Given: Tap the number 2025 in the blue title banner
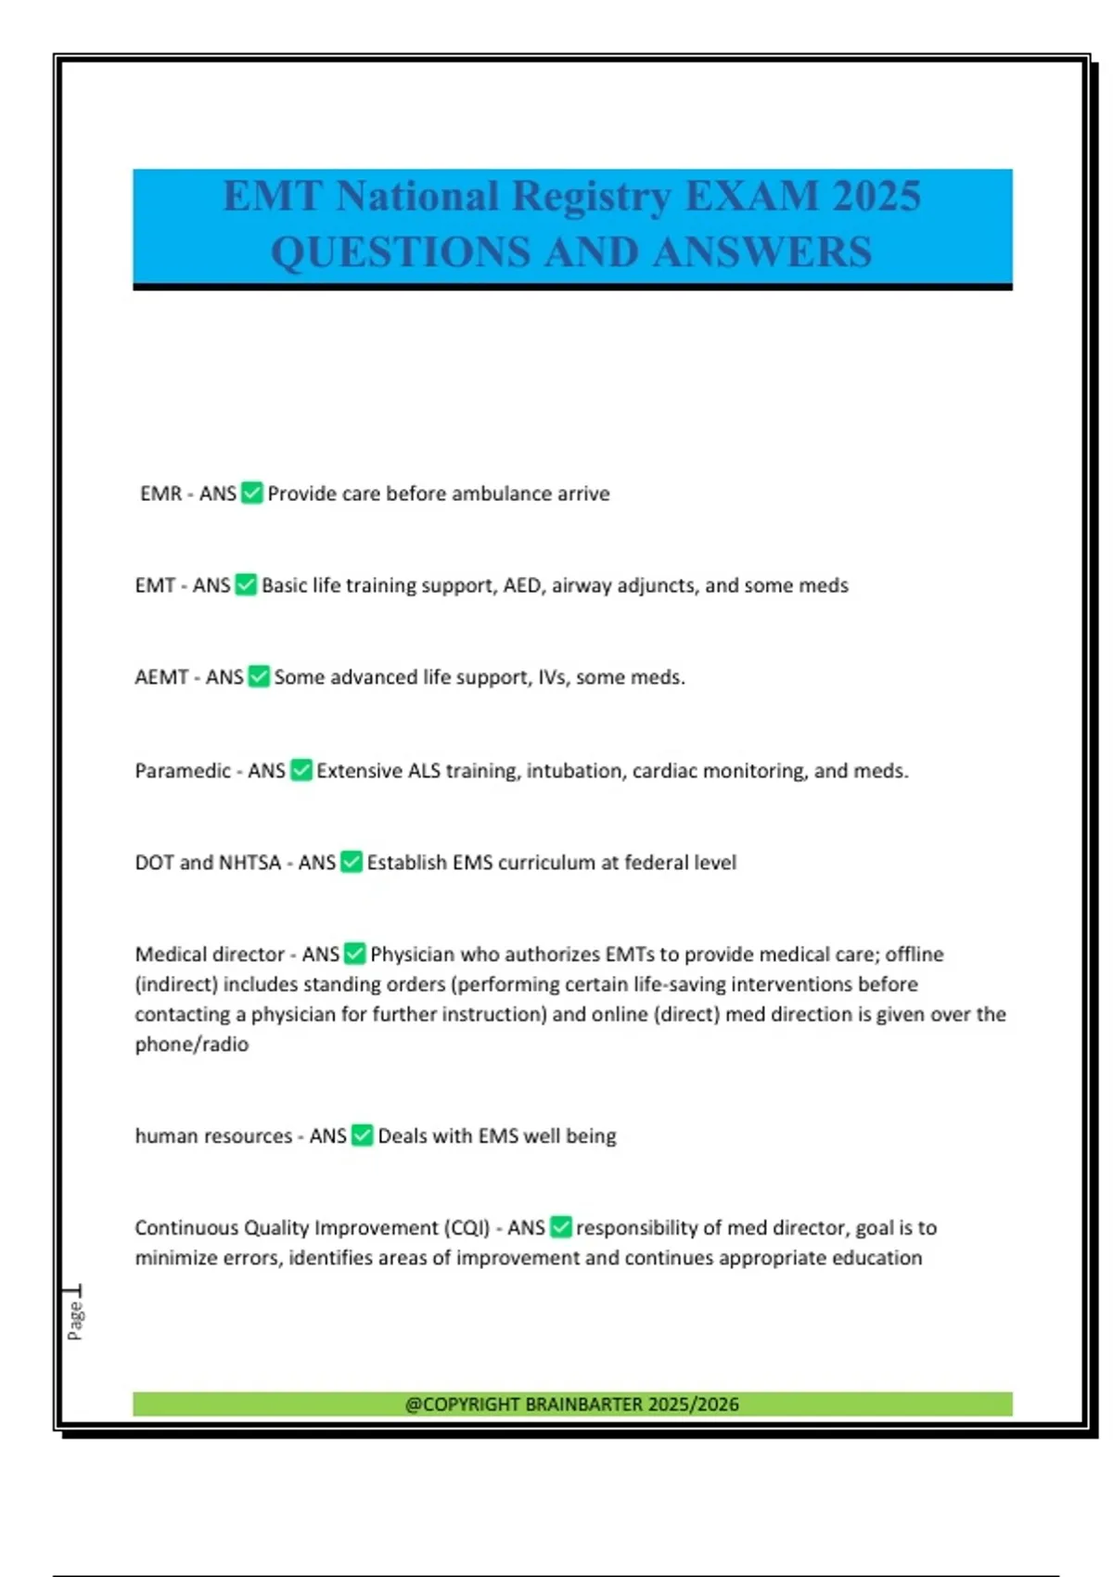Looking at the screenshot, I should [x=876, y=196].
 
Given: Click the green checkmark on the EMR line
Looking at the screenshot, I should [x=252, y=493].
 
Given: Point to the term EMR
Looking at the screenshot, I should [x=160, y=494].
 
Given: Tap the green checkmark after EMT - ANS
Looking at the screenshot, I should [x=246, y=584].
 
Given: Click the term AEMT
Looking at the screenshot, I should [x=161, y=677].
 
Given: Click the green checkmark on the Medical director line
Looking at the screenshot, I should [x=355, y=954].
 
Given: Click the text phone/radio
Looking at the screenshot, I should [x=192, y=1045].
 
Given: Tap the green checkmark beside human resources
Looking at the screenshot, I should [x=363, y=1135].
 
